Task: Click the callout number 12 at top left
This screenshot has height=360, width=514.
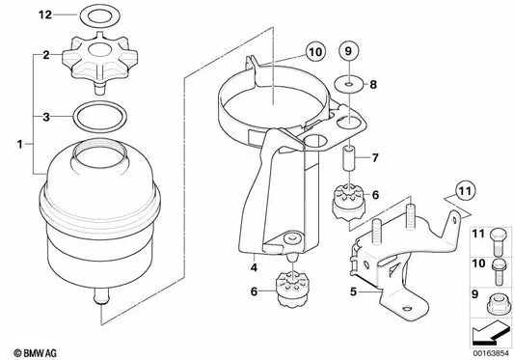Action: click(15, 15)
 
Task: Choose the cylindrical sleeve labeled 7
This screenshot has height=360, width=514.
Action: click(351, 155)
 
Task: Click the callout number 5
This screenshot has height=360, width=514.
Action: click(353, 288)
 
